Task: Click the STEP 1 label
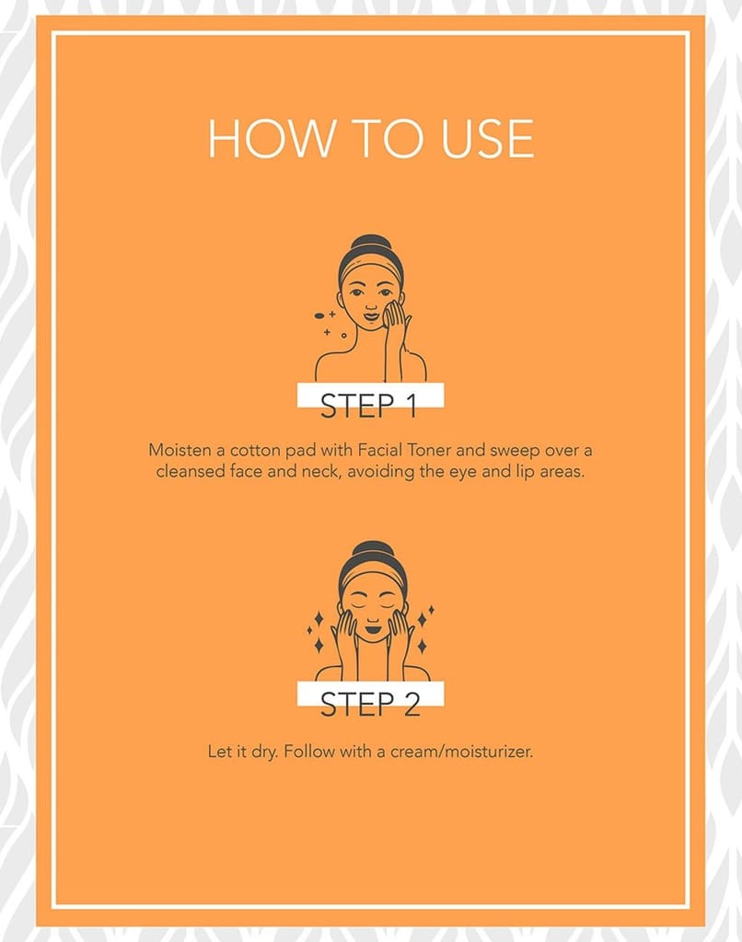(369, 406)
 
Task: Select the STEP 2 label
(369, 704)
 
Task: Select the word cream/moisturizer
(461, 752)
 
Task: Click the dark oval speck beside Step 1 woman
(319, 316)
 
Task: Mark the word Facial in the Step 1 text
(380, 450)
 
